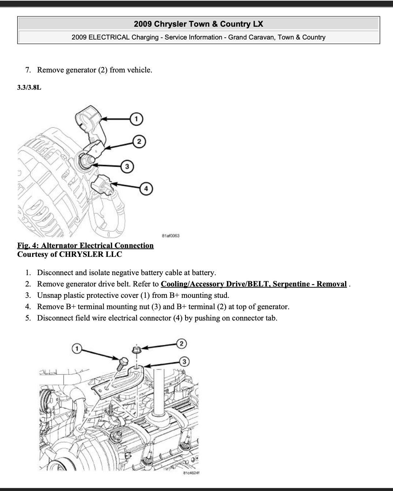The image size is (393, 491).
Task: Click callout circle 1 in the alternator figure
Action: click(x=136, y=119)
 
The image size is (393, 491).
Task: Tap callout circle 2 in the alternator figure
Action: click(x=139, y=142)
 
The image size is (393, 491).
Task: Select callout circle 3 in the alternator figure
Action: click(x=127, y=167)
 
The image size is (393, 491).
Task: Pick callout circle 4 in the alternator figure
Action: click(x=146, y=189)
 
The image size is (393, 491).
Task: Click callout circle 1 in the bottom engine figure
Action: click(x=76, y=348)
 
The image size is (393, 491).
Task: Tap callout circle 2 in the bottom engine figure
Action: click(x=181, y=343)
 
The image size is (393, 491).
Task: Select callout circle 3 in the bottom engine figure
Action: click(x=184, y=361)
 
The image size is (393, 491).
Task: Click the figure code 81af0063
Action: click(x=170, y=236)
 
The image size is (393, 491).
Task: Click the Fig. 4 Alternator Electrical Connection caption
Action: click(x=85, y=246)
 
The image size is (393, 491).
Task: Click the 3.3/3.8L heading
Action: click(x=29, y=87)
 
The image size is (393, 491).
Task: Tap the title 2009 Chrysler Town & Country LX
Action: click(x=198, y=24)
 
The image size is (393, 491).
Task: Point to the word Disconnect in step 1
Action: click(x=55, y=273)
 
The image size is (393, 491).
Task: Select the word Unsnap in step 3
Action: click(x=49, y=295)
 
